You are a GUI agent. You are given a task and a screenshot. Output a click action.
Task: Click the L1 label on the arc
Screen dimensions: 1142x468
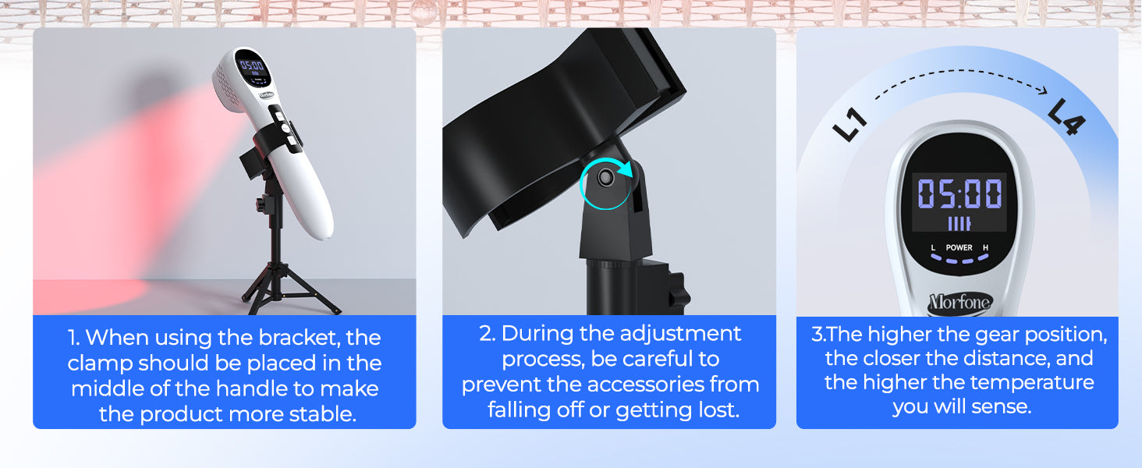click(x=849, y=124)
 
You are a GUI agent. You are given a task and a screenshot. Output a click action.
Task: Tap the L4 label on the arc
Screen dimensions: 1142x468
click(x=1066, y=117)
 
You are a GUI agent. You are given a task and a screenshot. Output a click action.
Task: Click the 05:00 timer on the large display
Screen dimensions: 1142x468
click(x=959, y=193)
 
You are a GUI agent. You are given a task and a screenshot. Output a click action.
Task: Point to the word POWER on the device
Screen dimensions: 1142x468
click(x=959, y=247)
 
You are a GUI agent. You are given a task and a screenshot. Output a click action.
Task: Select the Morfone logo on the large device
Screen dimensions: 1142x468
click(x=959, y=303)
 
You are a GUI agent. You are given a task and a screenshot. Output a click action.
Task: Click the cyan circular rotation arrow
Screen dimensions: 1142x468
click(x=607, y=184)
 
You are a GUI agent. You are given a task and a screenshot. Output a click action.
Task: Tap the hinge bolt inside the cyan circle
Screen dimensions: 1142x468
click(x=605, y=178)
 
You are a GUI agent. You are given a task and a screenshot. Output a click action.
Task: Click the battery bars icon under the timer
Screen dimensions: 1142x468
click(x=959, y=223)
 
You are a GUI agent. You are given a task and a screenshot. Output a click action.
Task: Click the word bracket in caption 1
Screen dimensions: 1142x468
click(x=298, y=338)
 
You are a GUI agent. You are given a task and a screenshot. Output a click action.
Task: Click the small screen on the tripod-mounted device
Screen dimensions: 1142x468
click(x=253, y=68)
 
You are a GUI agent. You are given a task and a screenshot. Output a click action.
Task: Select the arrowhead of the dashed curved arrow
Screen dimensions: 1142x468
click(x=1043, y=90)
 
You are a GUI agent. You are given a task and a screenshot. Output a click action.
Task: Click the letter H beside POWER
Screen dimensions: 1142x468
click(x=985, y=247)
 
